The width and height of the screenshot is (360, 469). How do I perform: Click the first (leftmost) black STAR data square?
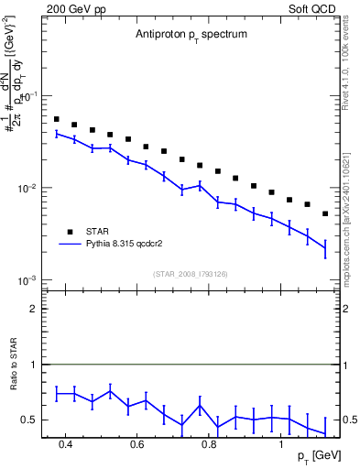pyautogui.click(x=56, y=119)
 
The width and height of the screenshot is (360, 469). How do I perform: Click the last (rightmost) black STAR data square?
pyautogui.click(x=325, y=213)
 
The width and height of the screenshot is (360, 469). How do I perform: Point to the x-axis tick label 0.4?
pyautogui.click(x=65, y=444)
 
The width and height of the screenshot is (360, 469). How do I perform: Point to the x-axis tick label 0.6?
pyautogui.click(x=137, y=444)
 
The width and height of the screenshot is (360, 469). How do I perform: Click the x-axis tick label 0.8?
pyautogui.click(x=209, y=444)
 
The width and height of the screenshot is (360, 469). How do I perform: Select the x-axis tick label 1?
pyautogui.click(x=281, y=444)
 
